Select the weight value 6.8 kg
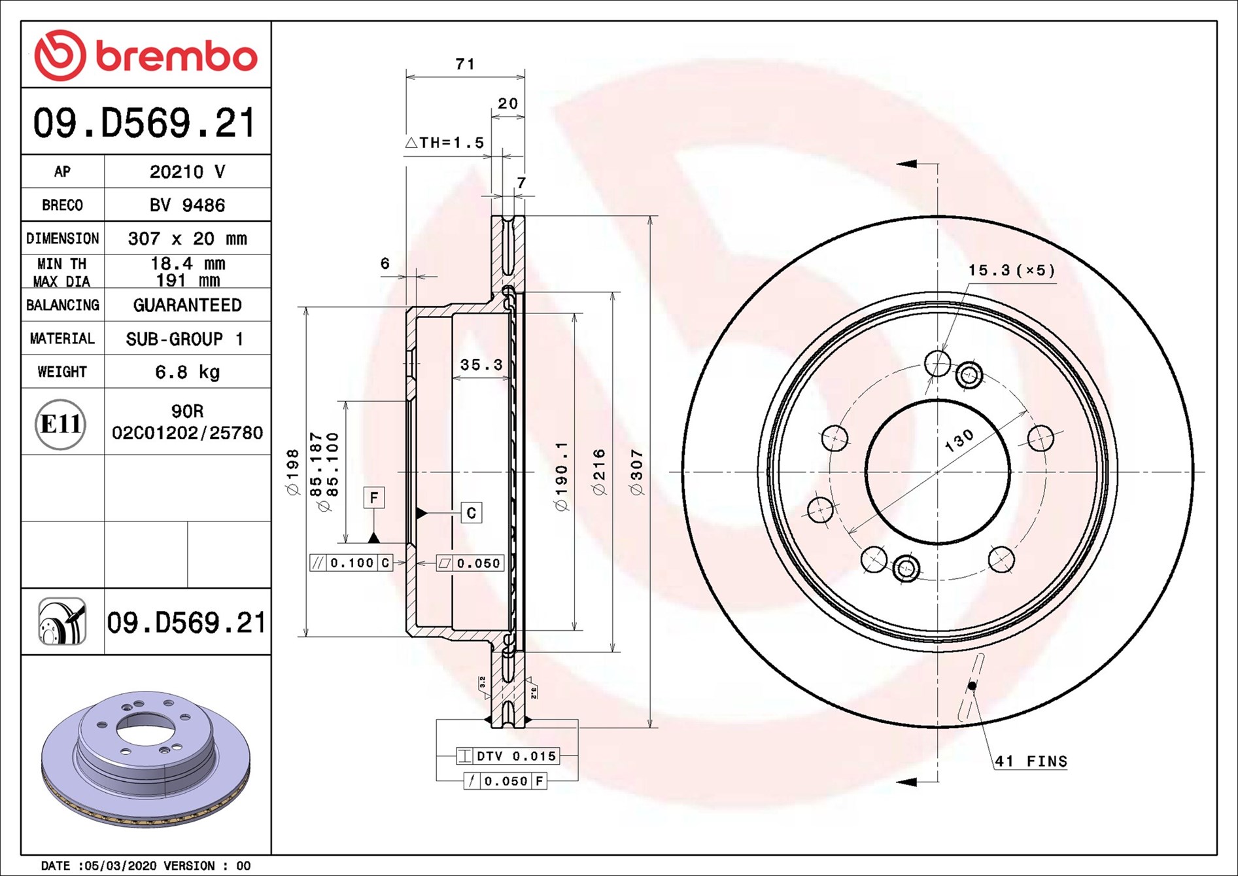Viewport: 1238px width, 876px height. pos(187,372)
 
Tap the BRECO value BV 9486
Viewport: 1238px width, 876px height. pos(187,205)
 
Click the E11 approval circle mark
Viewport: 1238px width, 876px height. pos(61,424)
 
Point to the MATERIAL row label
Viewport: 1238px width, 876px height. pos(62,339)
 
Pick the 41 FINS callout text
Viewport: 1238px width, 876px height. pos(1031,761)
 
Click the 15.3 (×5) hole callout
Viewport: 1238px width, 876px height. pos(1012,270)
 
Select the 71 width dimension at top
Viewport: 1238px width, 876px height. pos(465,64)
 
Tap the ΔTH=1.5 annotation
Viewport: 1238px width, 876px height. pos(445,143)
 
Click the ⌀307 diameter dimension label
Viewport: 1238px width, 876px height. pos(637,472)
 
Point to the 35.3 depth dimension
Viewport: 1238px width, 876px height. pos(481,364)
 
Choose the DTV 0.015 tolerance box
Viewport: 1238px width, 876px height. pos(508,756)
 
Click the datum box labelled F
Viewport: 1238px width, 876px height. pos(374,498)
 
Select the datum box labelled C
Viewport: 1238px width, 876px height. pos(472,513)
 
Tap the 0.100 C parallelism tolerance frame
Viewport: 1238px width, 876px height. pos(351,563)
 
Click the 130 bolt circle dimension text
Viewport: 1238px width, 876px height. pos(959,441)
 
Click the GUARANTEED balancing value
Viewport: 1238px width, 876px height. pos(187,306)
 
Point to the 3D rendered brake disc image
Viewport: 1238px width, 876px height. pos(145,759)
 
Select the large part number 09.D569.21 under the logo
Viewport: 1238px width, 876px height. pos(145,123)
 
